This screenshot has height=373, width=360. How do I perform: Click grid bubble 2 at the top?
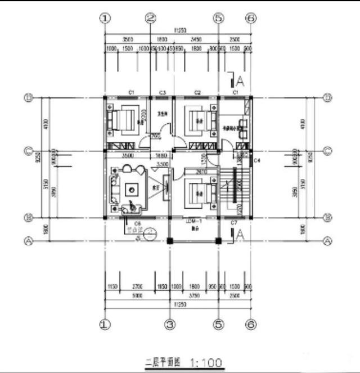click(x=150, y=18)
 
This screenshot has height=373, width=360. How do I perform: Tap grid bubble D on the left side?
click(x=28, y=97)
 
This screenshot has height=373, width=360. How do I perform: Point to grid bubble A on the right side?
click(x=328, y=240)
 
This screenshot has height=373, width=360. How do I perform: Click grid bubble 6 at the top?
click(x=251, y=18)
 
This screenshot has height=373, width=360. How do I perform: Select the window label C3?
click(x=163, y=92)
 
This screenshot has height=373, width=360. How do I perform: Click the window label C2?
click(x=198, y=92)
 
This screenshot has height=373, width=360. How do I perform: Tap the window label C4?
click(x=256, y=161)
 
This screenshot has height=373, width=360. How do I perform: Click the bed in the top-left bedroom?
click(x=123, y=119)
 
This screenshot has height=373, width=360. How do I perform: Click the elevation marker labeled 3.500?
click(x=162, y=164)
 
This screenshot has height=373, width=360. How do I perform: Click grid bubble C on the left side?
click(x=28, y=151)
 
